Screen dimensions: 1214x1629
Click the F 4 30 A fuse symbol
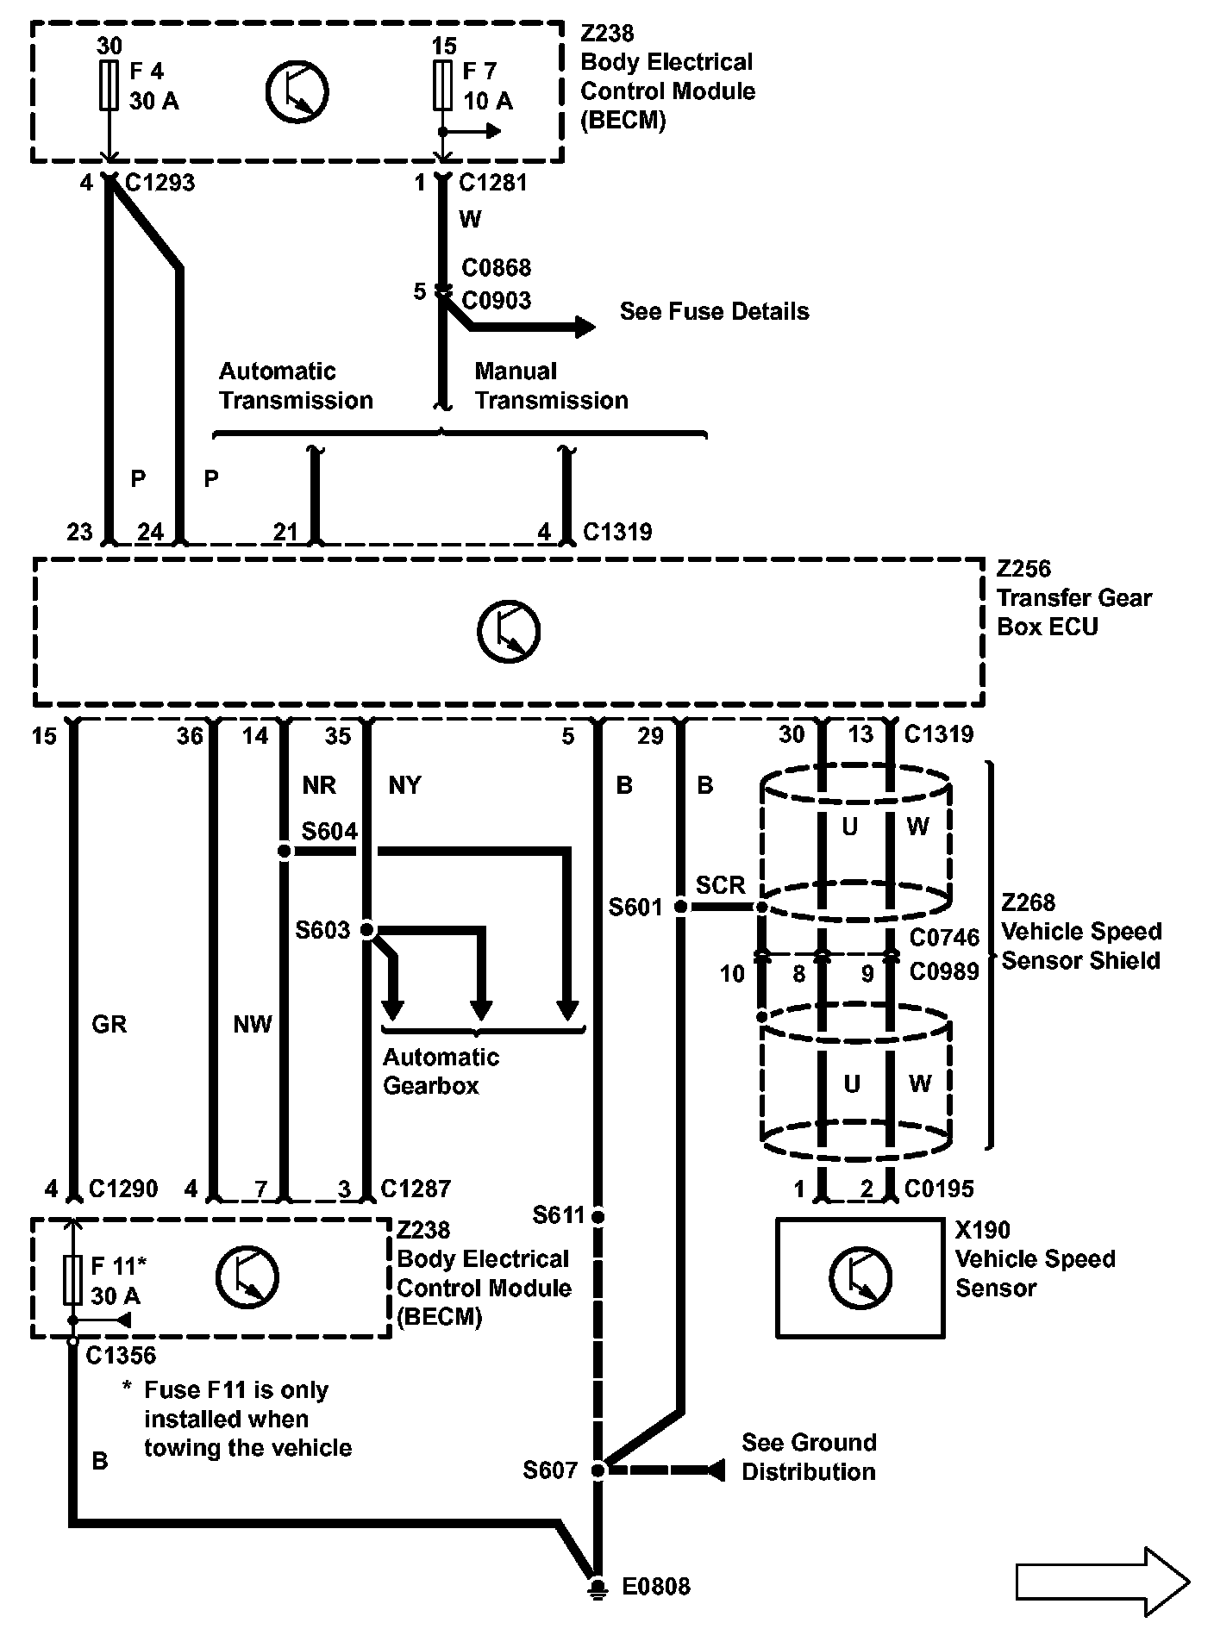109,84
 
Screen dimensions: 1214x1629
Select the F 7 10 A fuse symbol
442,84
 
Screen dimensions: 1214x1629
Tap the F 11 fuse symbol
73,1280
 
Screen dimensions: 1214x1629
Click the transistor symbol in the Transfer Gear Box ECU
509,631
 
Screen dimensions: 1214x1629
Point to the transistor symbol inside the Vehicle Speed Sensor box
860,1276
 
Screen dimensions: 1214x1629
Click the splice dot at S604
284,852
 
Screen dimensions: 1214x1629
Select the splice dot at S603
366,930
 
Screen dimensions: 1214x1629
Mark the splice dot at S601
680,908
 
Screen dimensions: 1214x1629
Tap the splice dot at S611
598,1217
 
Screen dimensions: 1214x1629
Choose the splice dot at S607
598,1470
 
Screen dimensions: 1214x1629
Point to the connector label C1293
160,183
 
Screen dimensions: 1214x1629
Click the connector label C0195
939,1189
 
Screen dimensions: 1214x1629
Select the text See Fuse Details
715,311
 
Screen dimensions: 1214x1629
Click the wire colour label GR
109,1024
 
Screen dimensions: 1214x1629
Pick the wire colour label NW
253,1024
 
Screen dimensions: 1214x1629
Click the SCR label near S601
720,885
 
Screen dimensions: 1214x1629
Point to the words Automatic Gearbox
441,1070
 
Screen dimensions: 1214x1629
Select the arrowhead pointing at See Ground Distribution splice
715,1470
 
